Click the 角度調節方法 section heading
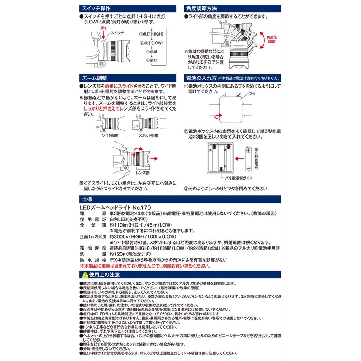tap(202, 9)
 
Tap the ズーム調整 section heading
tap(93, 78)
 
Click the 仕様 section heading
tap(85, 198)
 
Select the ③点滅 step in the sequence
tap(145, 52)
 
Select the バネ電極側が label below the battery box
tap(246, 178)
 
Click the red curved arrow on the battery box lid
tap(218, 116)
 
